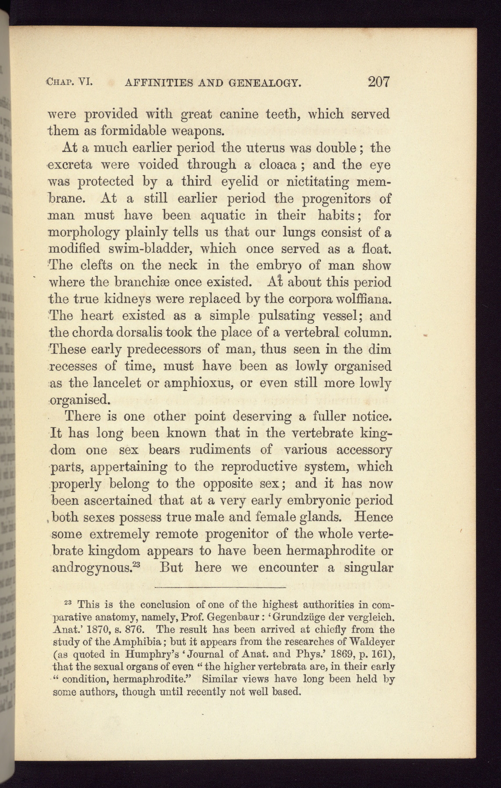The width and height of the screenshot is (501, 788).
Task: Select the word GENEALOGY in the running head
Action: tap(264, 82)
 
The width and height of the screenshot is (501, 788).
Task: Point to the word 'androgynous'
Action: tap(91, 568)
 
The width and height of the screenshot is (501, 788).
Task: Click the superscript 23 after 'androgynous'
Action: tap(135, 564)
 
